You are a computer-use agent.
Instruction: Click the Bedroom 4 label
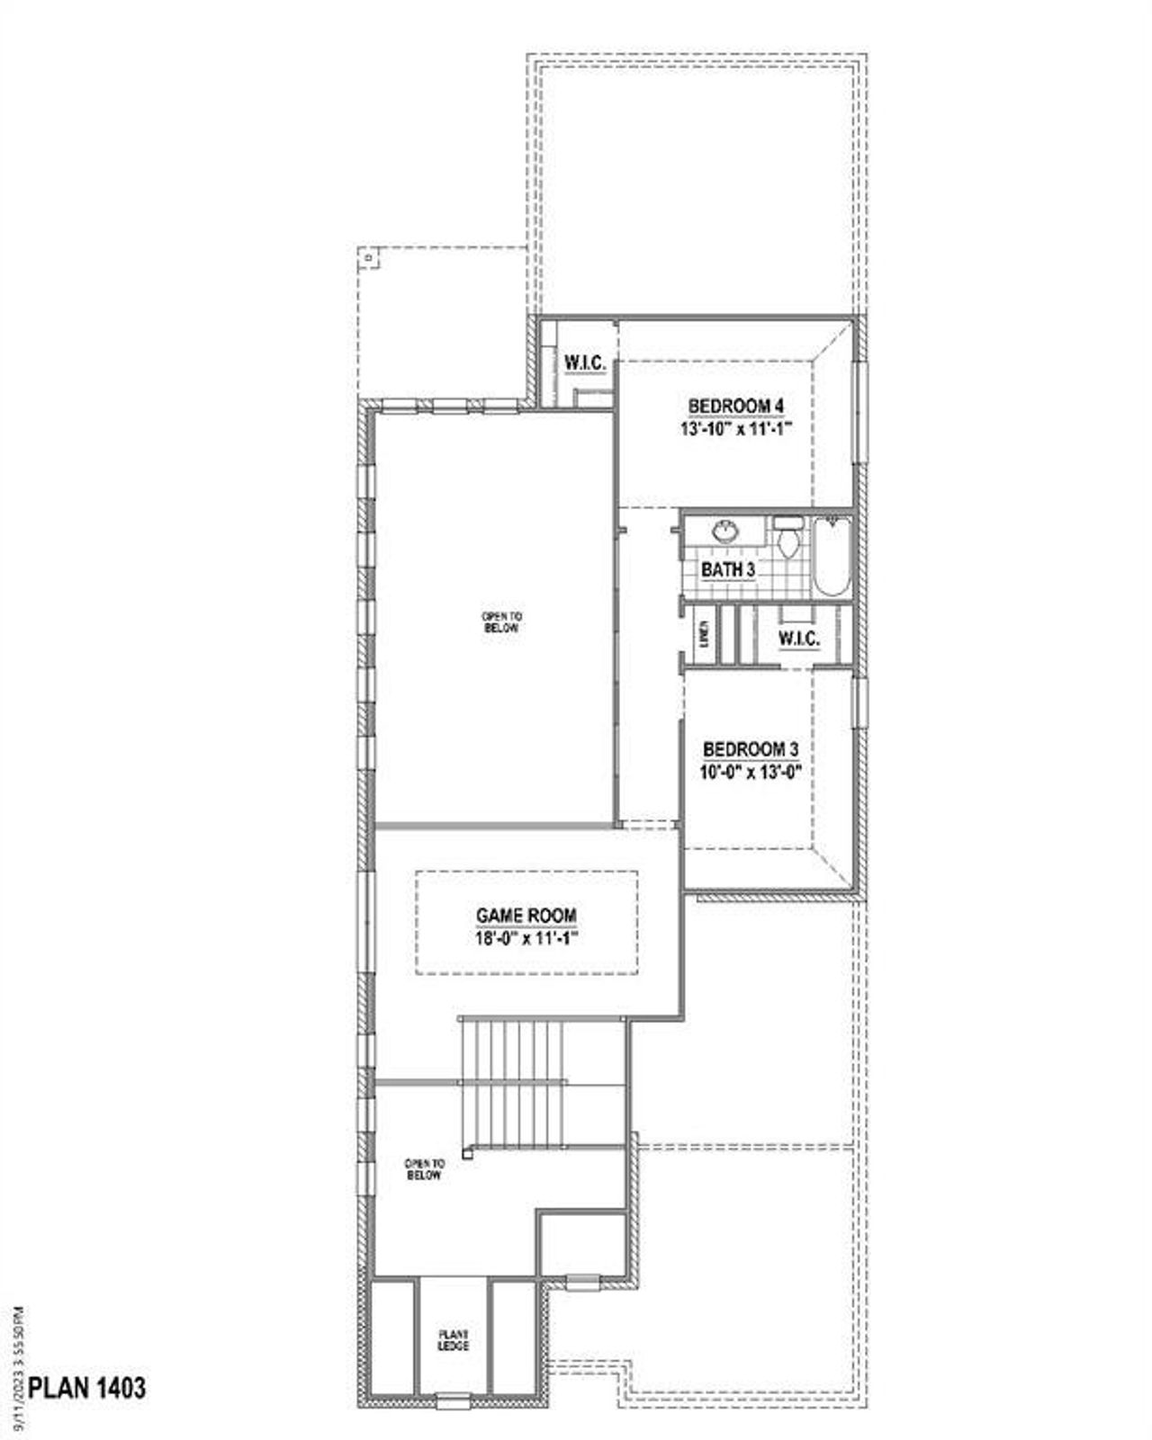click(x=735, y=407)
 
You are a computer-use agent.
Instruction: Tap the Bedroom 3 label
click(x=751, y=748)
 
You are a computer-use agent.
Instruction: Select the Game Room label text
click(x=526, y=916)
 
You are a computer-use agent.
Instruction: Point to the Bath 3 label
click(x=728, y=569)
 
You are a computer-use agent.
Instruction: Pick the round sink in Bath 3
click(x=724, y=532)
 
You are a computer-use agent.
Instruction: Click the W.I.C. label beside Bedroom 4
click(x=585, y=364)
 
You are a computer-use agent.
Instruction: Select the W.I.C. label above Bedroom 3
click(x=799, y=639)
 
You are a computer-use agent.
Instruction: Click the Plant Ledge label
click(x=454, y=1340)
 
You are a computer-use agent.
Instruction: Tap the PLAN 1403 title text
click(x=87, y=1388)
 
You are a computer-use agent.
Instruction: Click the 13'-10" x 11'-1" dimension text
click(x=735, y=429)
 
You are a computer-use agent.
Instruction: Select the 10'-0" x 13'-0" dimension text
click(x=751, y=772)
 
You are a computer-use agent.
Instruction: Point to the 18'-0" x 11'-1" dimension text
click(x=526, y=938)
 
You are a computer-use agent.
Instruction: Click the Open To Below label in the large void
click(x=501, y=622)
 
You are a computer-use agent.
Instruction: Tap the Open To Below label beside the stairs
click(x=424, y=1169)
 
